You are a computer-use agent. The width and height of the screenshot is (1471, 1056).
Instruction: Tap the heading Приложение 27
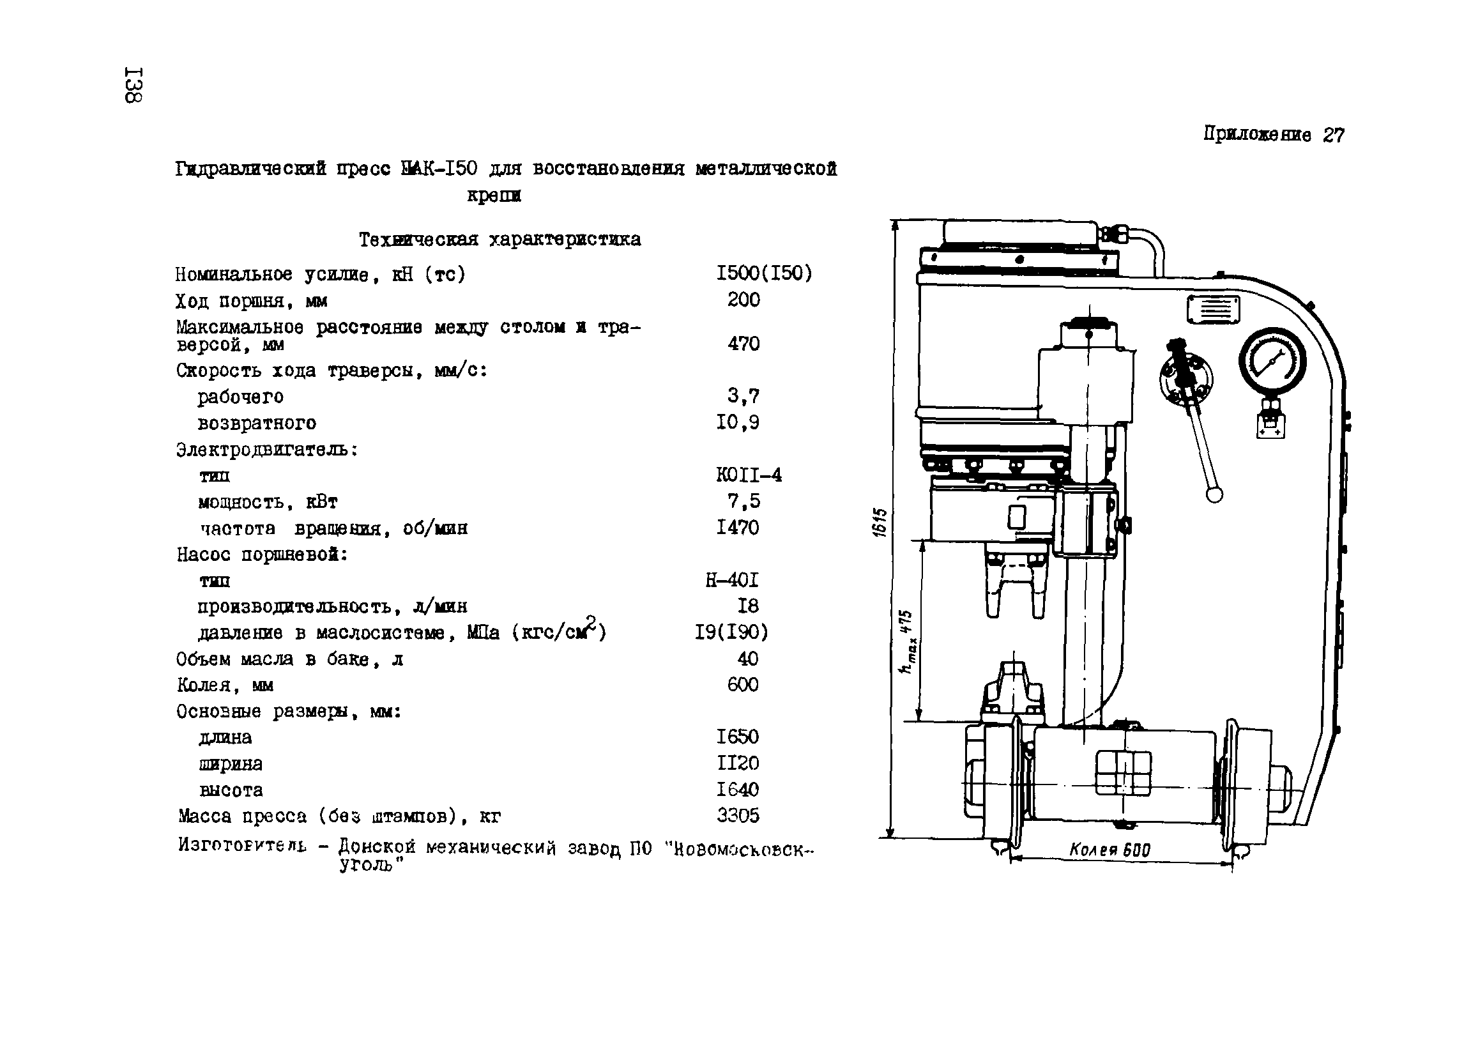(1273, 135)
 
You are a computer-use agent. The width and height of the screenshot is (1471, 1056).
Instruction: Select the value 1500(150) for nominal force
(764, 273)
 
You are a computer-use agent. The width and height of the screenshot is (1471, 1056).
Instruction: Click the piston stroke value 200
(743, 300)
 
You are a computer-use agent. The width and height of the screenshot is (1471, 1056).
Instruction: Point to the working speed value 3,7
(743, 395)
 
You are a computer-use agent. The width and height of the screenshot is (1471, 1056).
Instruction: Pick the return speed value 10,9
(738, 422)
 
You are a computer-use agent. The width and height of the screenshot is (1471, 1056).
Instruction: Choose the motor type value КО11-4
(749, 475)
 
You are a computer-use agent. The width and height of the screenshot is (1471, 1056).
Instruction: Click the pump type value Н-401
(732, 580)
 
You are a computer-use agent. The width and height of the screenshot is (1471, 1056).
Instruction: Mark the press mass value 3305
(738, 815)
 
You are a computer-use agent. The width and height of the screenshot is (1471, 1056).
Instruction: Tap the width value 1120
(738, 763)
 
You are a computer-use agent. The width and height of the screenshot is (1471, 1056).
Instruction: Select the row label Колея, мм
(225, 685)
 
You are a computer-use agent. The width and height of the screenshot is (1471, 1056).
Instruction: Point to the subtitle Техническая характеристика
(499, 240)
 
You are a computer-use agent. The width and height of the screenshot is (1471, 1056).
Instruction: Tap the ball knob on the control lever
(1214, 494)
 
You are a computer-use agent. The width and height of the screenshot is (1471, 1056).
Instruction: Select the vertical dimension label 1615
(880, 522)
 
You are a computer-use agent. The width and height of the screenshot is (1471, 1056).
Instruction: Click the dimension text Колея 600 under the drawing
(1109, 850)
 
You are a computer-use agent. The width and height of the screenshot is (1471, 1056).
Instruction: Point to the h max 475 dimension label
(907, 641)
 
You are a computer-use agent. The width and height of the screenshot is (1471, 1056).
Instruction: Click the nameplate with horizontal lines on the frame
(1214, 309)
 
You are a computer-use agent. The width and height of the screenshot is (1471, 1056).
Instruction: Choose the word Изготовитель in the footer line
(242, 845)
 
